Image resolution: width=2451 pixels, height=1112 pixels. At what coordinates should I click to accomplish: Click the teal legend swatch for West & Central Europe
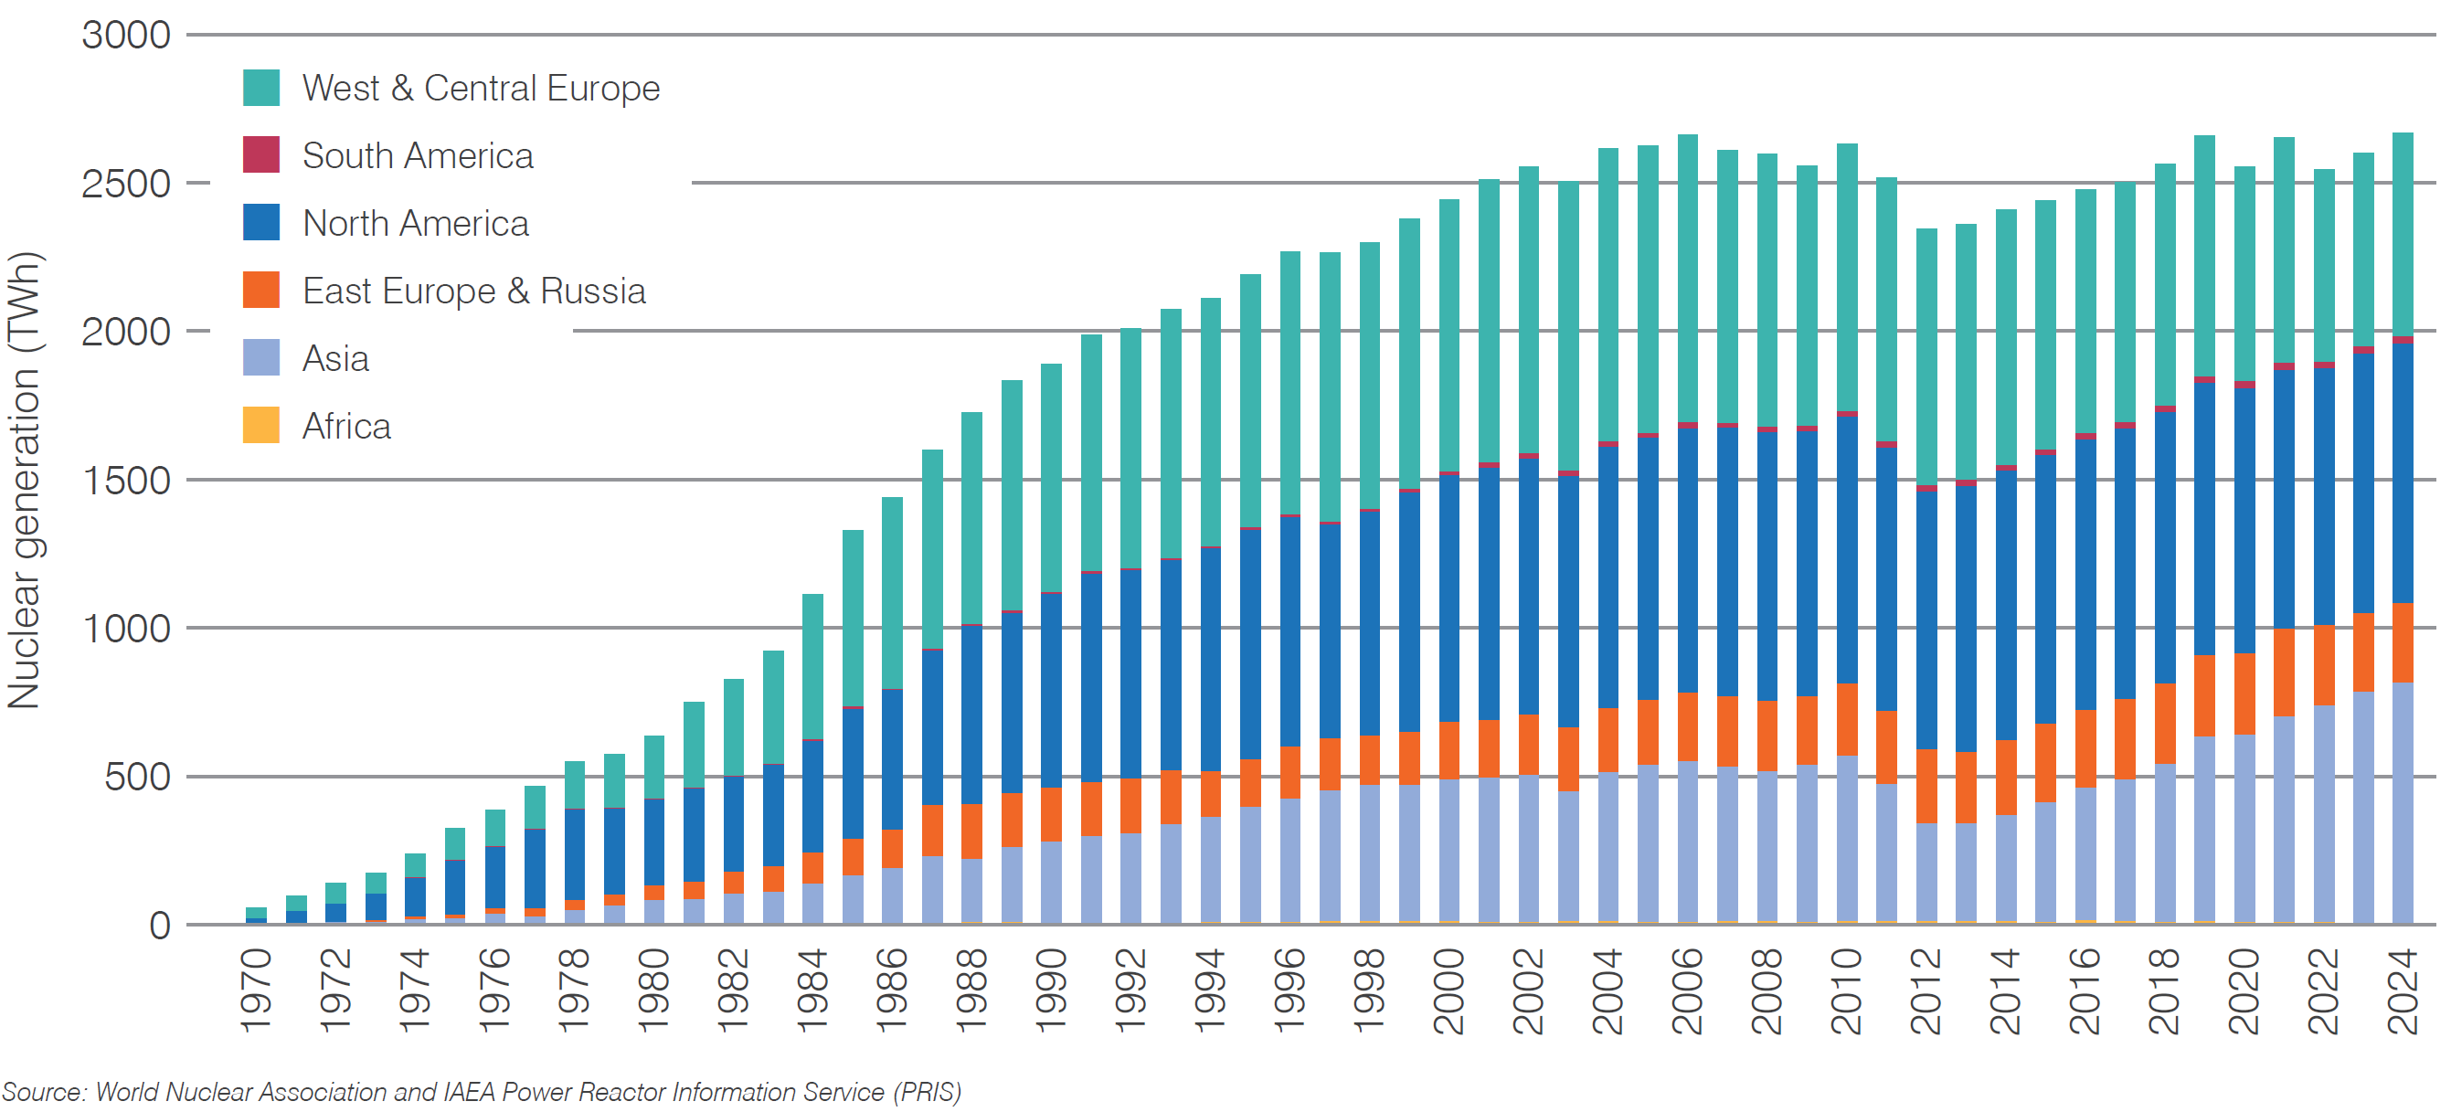[x=260, y=88]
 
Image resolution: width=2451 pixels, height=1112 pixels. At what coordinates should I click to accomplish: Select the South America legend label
[x=417, y=155]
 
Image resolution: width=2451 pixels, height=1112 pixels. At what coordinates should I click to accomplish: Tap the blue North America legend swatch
[x=260, y=223]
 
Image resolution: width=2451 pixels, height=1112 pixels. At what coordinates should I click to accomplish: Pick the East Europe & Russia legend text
[x=472, y=291]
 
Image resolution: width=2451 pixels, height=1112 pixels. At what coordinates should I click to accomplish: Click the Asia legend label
[x=334, y=358]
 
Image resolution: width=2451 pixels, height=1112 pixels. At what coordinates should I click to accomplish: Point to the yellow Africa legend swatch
[x=260, y=425]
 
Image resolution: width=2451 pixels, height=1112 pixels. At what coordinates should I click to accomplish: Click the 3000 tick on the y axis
[x=125, y=36]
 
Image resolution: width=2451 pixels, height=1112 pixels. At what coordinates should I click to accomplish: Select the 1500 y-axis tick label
[x=125, y=481]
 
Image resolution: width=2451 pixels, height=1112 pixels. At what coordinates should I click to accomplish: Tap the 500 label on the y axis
[x=137, y=778]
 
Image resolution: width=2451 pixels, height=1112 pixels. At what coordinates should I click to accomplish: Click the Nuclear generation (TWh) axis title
[x=24, y=481]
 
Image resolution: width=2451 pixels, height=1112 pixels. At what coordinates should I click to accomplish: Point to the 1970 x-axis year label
[x=256, y=990]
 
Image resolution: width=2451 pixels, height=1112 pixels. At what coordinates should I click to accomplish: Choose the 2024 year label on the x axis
[x=2403, y=990]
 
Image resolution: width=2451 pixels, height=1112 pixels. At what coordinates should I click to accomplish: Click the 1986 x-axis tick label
[x=893, y=990]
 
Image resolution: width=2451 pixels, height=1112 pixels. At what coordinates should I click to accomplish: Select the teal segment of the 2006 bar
[x=1687, y=276]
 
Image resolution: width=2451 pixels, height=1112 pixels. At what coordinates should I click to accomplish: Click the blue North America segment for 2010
[x=1846, y=547]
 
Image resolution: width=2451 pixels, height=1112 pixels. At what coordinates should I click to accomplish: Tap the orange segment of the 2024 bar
[x=2403, y=642]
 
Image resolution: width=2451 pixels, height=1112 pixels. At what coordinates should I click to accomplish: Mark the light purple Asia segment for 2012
[x=1926, y=871]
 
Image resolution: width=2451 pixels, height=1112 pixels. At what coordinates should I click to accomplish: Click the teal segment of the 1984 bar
[x=812, y=666]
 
